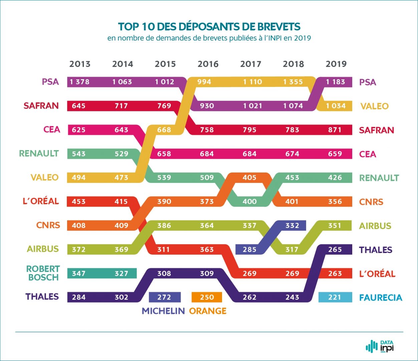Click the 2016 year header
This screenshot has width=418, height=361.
coord(208,64)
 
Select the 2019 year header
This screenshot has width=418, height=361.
coord(336,64)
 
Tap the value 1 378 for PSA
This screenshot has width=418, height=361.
coord(79,82)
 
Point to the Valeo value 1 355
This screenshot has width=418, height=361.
coord(293,82)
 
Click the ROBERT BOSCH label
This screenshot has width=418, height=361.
coord(43,273)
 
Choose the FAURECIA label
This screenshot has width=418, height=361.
coord(381,297)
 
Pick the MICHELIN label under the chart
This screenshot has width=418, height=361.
coord(163,311)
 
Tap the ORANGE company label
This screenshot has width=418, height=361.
coord(208,311)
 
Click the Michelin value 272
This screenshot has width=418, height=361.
coord(164,297)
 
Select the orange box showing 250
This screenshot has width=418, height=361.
coord(207,297)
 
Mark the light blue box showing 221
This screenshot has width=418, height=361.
coord(335,297)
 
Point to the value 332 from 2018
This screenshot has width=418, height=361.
coord(292,225)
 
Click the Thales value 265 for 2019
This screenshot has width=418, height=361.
coord(335,249)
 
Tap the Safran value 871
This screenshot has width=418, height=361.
coord(335,130)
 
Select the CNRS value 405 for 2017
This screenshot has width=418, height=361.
coord(249,177)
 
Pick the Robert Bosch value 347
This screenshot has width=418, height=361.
coord(79,273)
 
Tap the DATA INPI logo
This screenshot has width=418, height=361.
coord(380,347)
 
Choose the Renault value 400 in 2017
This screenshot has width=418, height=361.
coord(249,202)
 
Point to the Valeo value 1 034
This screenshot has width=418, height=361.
coord(336,106)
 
